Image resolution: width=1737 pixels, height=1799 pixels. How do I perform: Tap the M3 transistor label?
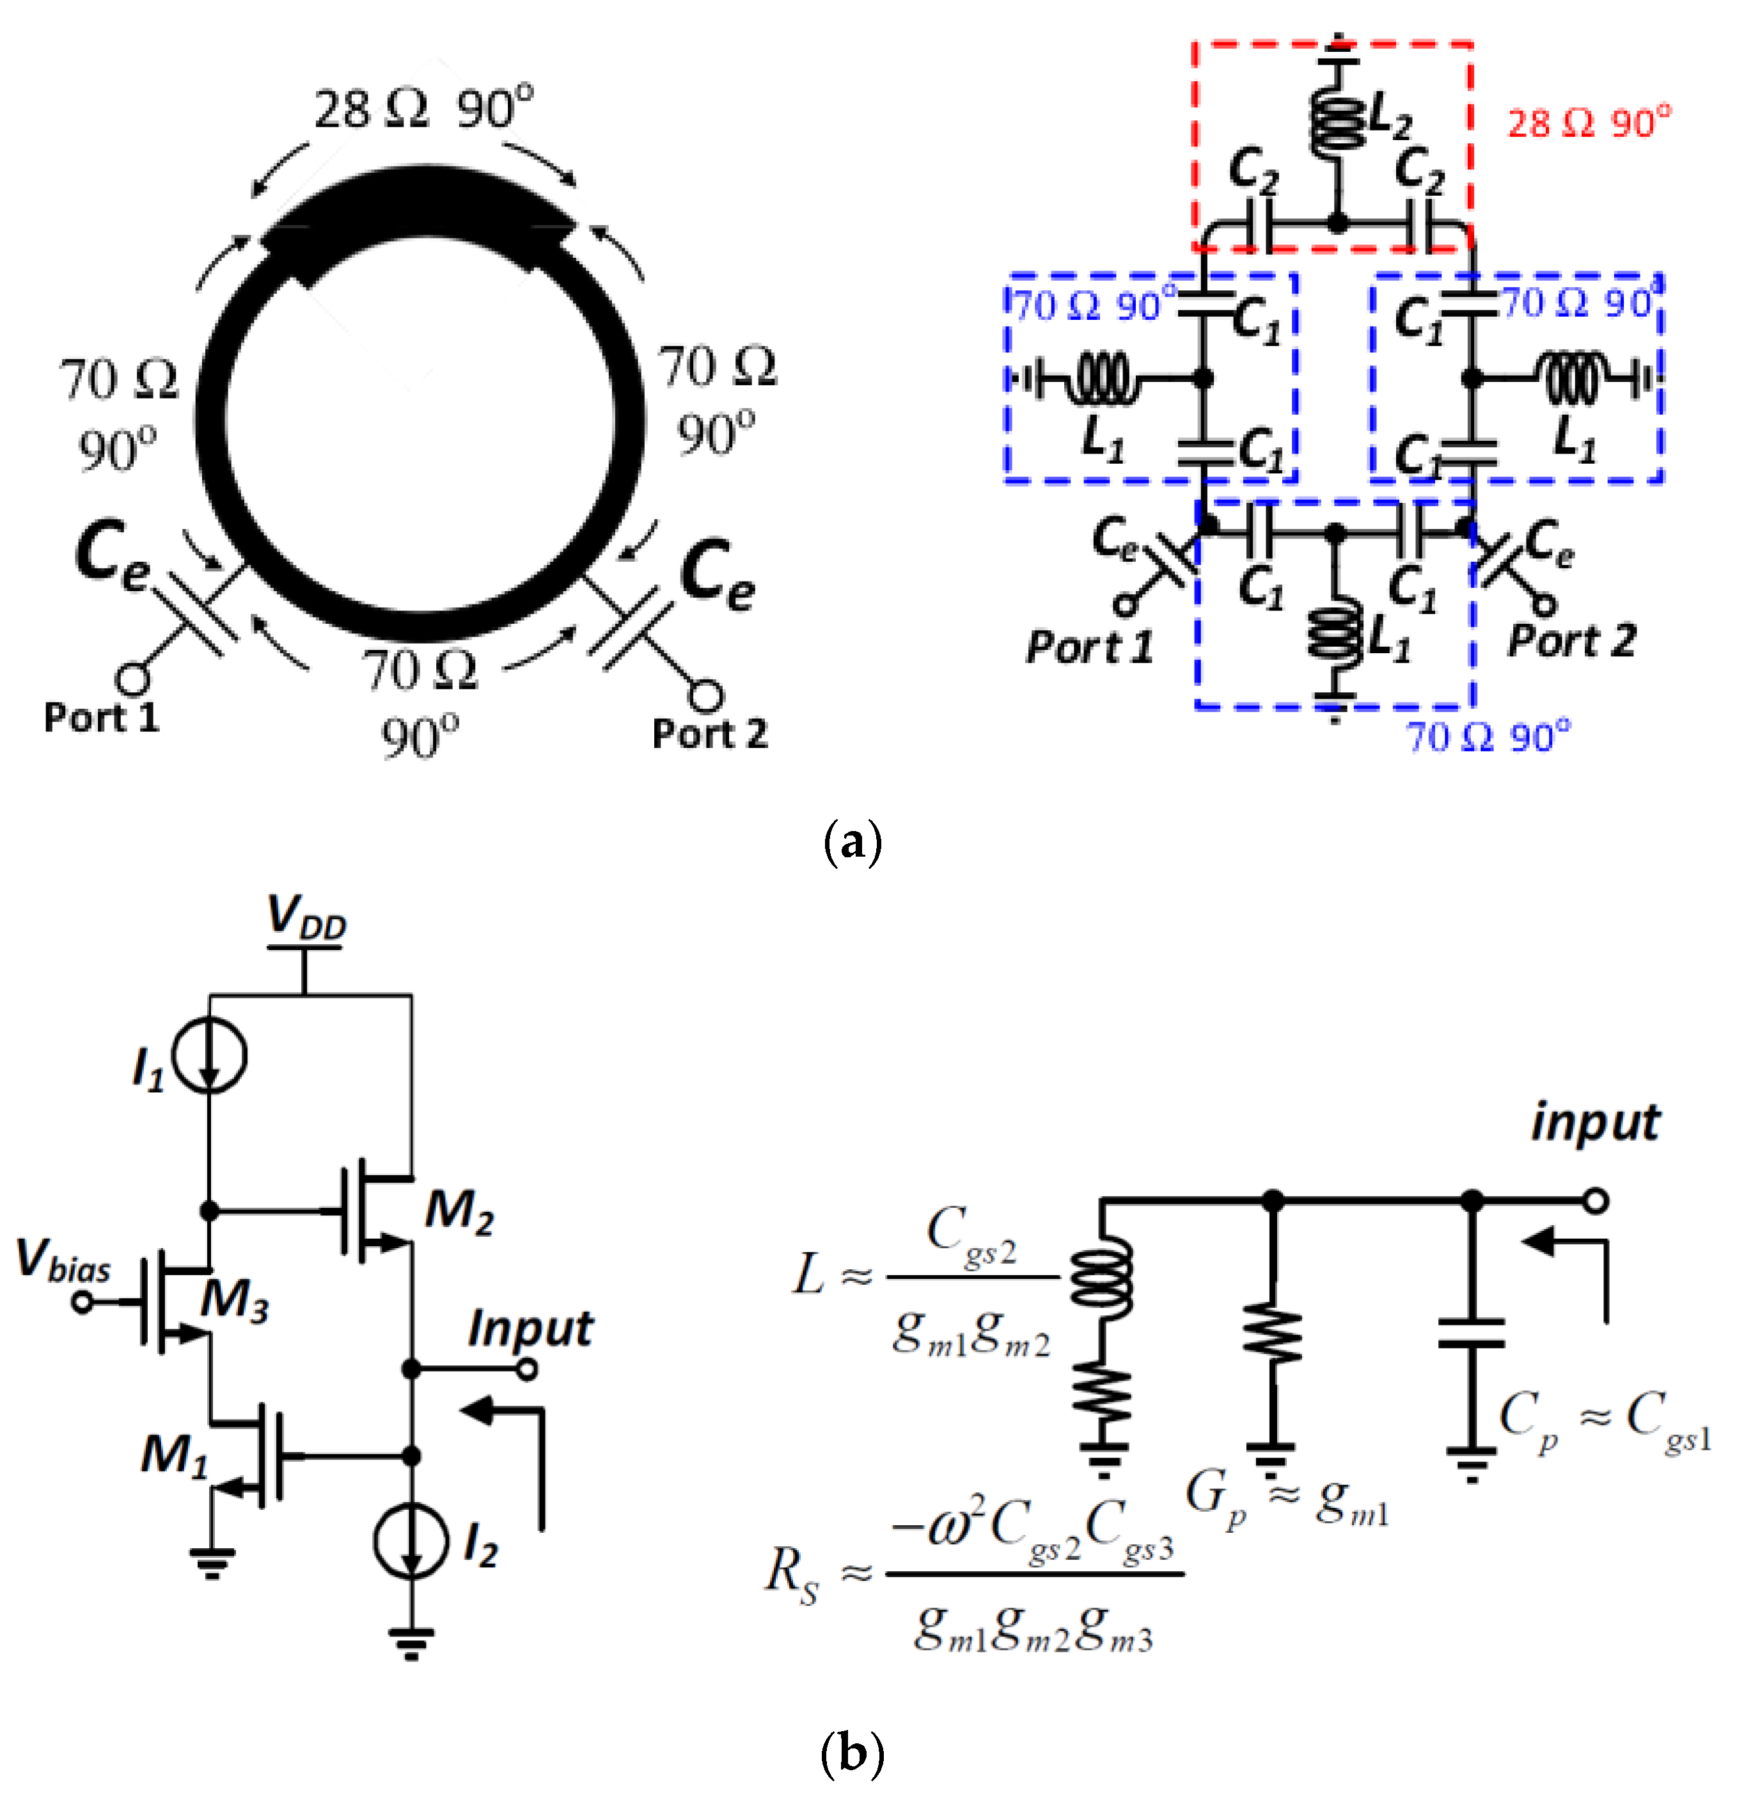click(x=235, y=1299)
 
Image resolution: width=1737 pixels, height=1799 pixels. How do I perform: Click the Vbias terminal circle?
click(x=83, y=1301)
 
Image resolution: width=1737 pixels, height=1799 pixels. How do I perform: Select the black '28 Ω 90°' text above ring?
click(x=423, y=107)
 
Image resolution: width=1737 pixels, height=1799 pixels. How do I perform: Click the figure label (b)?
click(x=853, y=1753)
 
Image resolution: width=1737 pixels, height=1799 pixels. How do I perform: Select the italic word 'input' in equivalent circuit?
click(x=1595, y=1121)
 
